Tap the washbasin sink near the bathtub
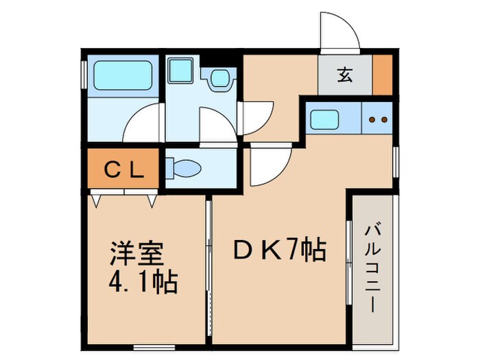click(220, 77)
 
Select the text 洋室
click(137, 254)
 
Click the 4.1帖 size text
click(143, 281)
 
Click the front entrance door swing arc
click(339, 31)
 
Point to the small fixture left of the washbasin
click(181, 71)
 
